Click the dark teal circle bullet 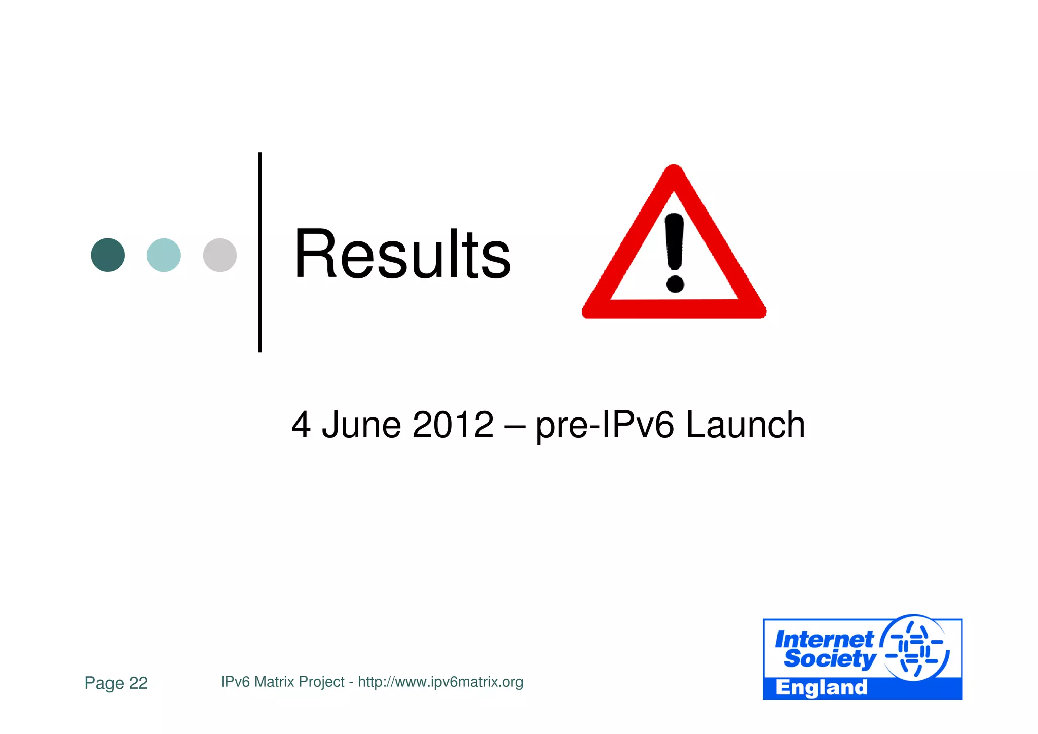[107, 255]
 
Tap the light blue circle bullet [164, 255]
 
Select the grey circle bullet [219, 255]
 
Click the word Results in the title [402, 255]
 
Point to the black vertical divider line [260, 252]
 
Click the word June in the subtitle [361, 425]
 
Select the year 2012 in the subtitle [453, 425]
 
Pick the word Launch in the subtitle [745, 425]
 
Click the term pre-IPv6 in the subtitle [605, 425]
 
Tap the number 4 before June [301, 425]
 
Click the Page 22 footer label [116, 683]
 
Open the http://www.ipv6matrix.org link [440, 682]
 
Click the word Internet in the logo [824, 639]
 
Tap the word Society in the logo [829, 658]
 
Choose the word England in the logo [821, 688]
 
